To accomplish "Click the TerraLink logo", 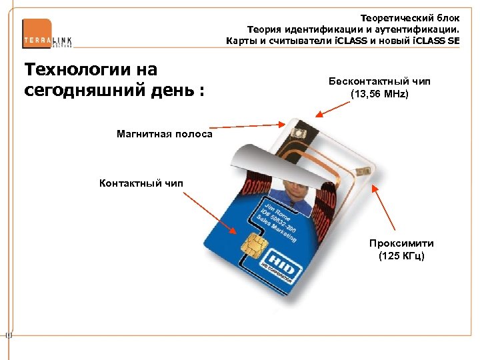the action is pyautogui.click(x=47, y=34).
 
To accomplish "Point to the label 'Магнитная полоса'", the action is pyautogui.click(x=164, y=134).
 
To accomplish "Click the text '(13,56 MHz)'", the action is pyautogui.click(x=379, y=94).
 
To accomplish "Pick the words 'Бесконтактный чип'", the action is pyautogui.click(x=379, y=81).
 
